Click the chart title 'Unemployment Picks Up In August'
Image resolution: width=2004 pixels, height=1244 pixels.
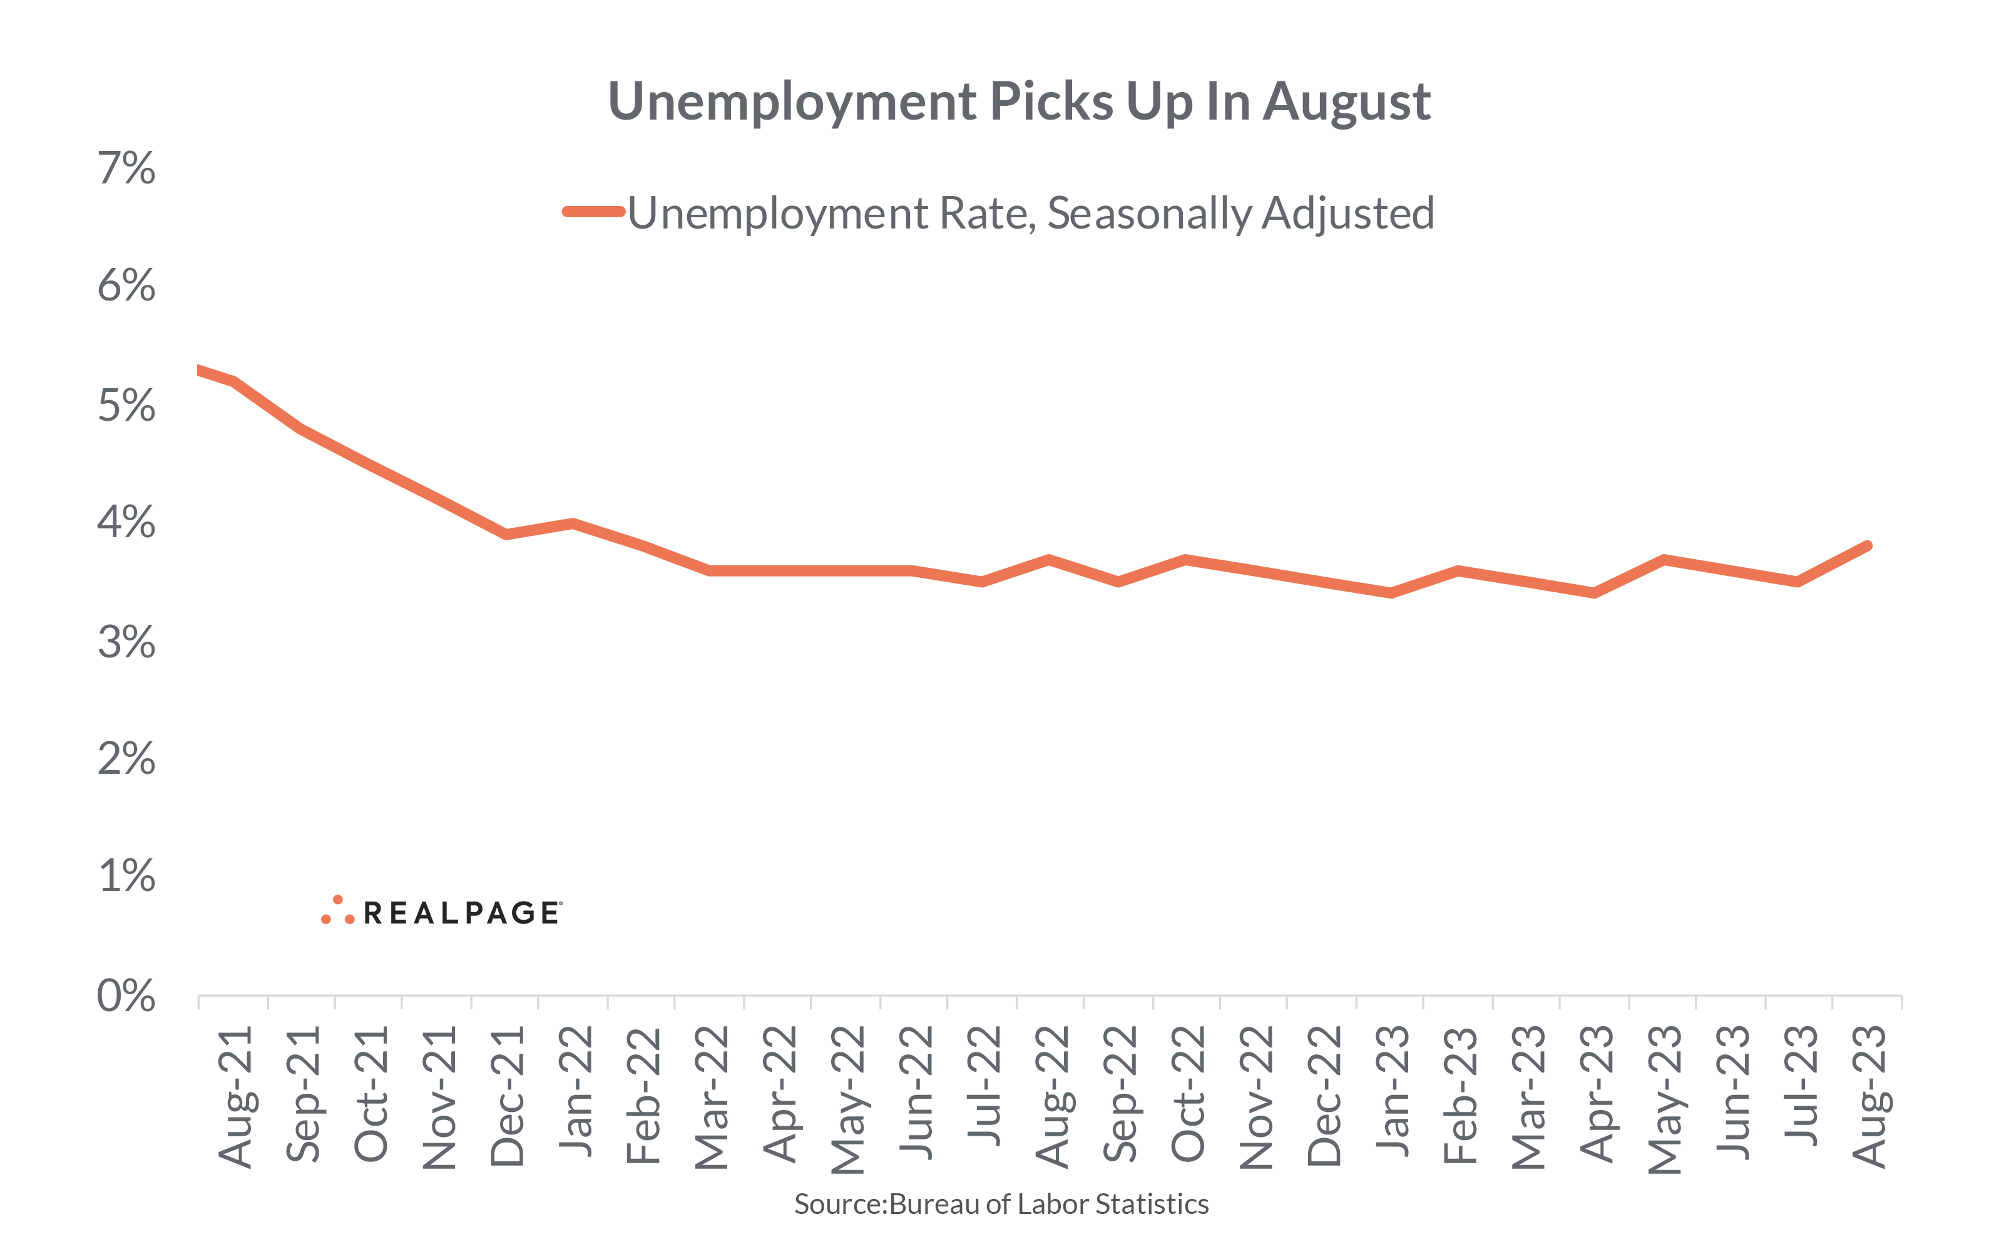[1018, 102]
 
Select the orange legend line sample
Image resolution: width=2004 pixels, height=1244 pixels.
[593, 212]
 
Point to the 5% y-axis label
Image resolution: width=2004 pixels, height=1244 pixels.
[126, 406]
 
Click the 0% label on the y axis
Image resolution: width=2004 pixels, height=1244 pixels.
[126, 996]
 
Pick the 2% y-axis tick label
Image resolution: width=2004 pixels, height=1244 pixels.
[126, 759]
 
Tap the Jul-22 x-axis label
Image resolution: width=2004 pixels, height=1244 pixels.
[983, 1086]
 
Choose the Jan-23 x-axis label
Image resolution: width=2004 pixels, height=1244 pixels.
[1392, 1090]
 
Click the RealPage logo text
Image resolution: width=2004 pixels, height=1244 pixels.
[462, 913]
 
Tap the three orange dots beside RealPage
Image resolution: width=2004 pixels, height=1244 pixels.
[338, 911]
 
